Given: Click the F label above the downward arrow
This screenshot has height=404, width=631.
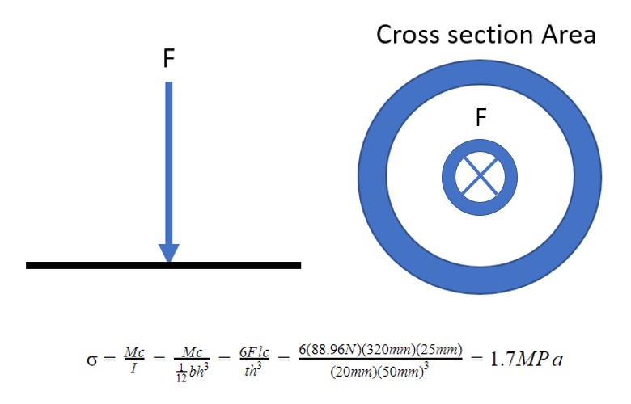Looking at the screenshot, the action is (168, 61).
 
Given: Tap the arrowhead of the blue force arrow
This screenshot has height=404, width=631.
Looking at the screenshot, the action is (168, 252).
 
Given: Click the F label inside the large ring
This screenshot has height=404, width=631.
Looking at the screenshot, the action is (481, 119).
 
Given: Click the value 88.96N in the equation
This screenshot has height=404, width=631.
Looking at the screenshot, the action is (340, 350).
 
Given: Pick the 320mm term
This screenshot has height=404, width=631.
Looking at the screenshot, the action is (392, 350).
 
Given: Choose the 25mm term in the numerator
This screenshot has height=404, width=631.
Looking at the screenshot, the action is (442, 350).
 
